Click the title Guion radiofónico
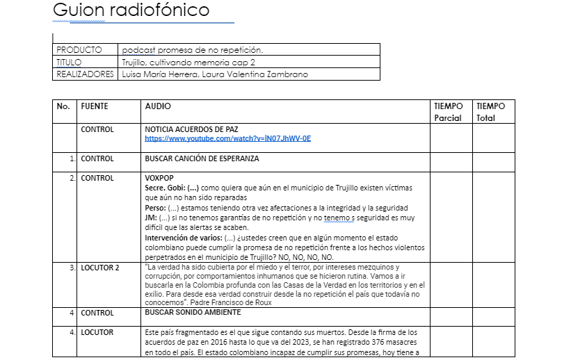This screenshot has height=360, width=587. [130, 11]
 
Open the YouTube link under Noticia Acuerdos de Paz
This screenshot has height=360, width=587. [227, 138]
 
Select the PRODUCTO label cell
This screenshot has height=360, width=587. [79, 50]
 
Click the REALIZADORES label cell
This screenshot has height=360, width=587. [84, 74]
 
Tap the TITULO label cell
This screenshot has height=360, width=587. [69, 62]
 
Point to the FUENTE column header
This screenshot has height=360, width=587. [95, 106]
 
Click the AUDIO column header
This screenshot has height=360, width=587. [157, 106]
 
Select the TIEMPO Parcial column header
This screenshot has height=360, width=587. [449, 112]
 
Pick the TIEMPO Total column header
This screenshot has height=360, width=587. [491, 112]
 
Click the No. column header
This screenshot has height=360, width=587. [63, 106]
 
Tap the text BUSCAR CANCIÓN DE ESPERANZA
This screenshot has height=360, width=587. [202, 158]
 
